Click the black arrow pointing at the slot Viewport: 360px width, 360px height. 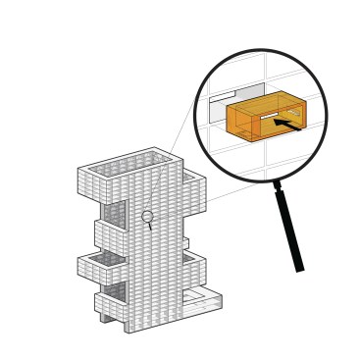(x=286, y=124)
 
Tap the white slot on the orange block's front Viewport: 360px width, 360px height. (x=268, y=116)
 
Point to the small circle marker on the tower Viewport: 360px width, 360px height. (x=147, y=216)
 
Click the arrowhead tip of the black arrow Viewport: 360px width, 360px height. (x=275, y=121)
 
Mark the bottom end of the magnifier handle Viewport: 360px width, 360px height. (x=299, y=269)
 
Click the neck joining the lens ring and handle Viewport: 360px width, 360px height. (x=278, y=183)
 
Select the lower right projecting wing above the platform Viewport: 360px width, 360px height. (x=194, y=270)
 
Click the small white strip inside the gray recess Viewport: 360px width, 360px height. (x=222, y=96)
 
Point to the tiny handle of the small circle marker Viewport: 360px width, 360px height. (x=150, y=226)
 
